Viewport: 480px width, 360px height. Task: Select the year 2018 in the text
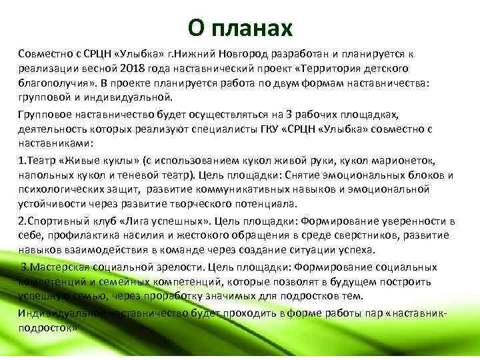point(133,69)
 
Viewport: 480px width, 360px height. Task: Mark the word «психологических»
point(64,189)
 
